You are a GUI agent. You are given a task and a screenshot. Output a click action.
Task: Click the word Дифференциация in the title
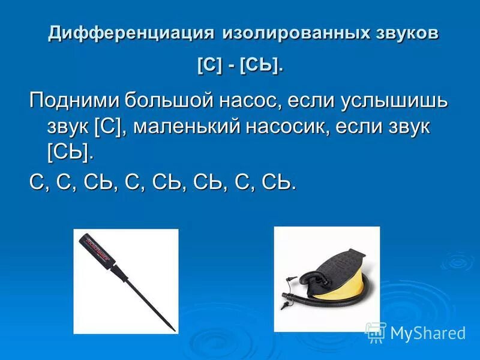pyautogui.click(x=131, y=33)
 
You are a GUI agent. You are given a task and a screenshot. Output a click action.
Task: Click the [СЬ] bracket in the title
pyautogui.click(x=259, y=65)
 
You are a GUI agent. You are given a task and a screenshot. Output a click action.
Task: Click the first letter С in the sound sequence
pyautogui.click(x=37, y=182)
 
